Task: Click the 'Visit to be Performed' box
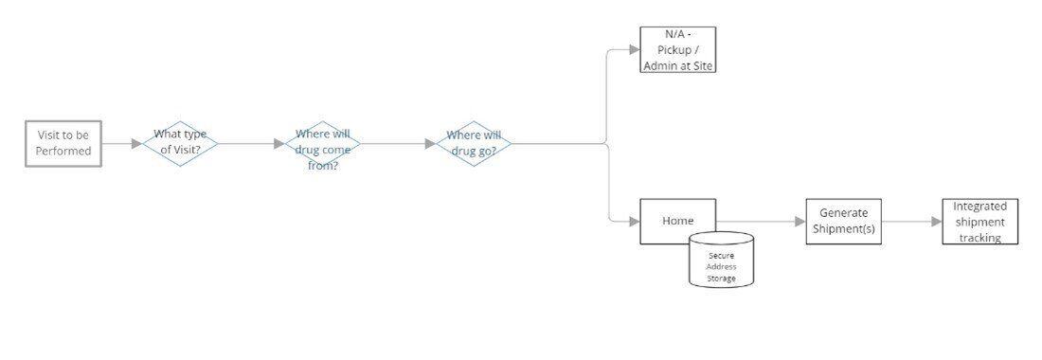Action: click(63, 144)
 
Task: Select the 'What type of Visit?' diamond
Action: click(180, 144)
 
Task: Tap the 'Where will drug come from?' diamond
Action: click(323, 144)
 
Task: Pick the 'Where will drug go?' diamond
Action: click(472, 144)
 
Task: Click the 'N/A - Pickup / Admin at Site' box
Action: click(677, 50)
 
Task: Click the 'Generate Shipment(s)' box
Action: click(843, 222)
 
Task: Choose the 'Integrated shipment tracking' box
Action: click(979, 222)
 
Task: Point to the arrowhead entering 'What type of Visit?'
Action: click(136, 144)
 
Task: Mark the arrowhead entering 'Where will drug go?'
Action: click(430, 144)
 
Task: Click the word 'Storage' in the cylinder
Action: click(721, 279)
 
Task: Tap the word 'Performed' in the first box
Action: click(63, 152)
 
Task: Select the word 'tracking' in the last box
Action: click(979, 238)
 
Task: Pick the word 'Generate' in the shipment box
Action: click(843, 213)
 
